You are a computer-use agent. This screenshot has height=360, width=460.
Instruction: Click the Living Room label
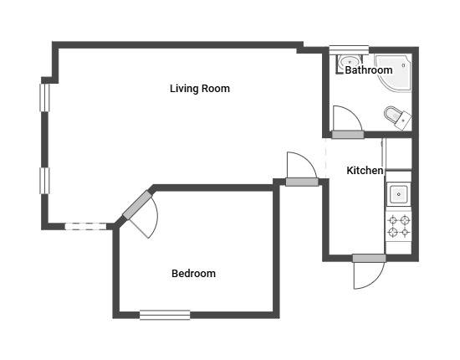200,89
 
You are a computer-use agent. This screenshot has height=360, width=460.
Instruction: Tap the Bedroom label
194,274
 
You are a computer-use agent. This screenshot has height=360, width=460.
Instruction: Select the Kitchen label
365,170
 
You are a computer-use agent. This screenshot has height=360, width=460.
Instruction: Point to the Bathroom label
369,69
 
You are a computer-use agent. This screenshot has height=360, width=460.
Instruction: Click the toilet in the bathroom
397,117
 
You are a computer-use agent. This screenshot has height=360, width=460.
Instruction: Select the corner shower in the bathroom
394,72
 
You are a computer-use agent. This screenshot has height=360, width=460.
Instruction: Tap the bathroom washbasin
349,62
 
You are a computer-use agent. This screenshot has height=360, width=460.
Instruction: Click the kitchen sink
398,194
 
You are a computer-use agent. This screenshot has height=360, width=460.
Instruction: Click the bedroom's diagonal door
140,212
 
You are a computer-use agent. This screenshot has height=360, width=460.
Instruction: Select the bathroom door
348,122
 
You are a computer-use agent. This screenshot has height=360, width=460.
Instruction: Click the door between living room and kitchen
302,169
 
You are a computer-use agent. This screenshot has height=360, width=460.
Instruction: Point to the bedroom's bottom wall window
165,315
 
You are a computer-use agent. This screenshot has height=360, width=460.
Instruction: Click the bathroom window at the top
349,50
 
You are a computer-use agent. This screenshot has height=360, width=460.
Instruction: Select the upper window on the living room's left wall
44,98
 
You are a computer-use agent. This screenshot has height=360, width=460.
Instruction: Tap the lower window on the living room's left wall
44,181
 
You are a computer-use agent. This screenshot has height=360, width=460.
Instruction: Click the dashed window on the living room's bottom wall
85,226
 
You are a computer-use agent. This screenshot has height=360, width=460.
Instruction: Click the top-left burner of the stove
393,220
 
